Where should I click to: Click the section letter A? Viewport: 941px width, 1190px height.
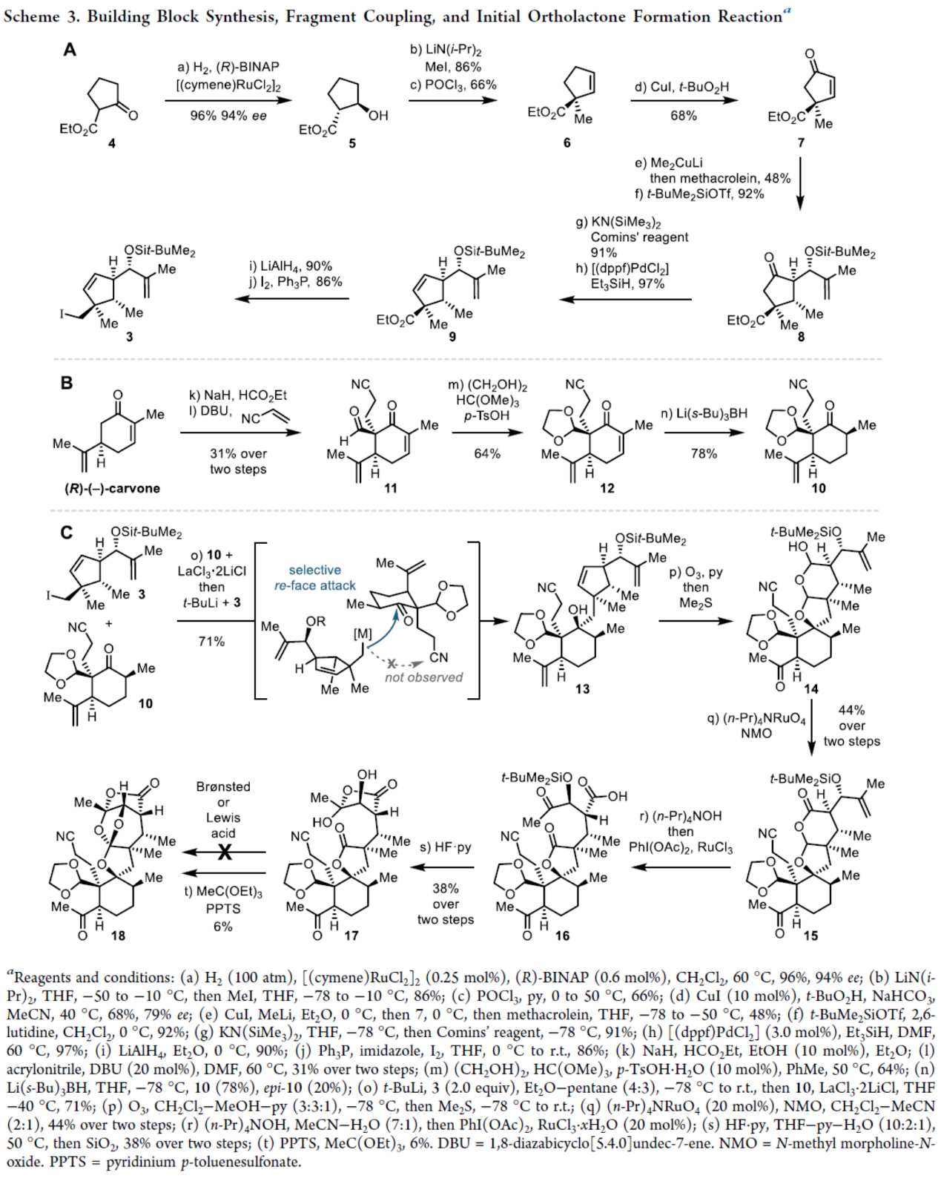pos(70,50)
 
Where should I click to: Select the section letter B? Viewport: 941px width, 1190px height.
pos(67,383)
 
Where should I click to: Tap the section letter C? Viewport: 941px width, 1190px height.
pos(67,533)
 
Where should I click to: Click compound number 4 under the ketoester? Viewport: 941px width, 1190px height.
pos(112,144)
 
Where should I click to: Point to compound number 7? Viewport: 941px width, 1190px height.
pos(801,143)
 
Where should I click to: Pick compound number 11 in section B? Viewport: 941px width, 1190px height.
pos(390,487)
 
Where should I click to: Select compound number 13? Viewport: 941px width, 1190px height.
pos(582,688)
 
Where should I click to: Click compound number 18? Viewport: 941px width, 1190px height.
pos(118,936)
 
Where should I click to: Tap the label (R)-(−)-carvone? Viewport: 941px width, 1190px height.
pos(112,488)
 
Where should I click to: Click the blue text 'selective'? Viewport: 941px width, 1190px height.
pos(314,570)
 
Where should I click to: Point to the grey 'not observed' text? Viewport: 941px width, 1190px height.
pos(423,677)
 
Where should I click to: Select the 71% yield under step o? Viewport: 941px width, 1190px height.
pos(211,641)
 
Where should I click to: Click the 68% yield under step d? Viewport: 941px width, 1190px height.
pos(683,116)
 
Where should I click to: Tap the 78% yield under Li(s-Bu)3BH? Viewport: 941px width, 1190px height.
pos(703,453)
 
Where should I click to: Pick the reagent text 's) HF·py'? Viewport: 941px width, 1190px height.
pos(445,847)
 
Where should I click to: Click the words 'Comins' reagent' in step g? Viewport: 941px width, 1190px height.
pos(639,237)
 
